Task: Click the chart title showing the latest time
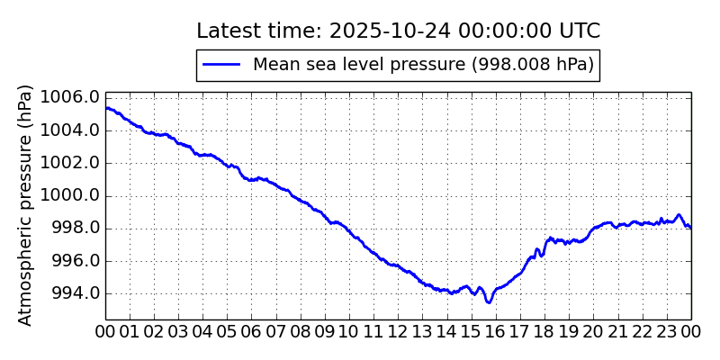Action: [398, 31]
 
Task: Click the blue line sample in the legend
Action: [221, 65]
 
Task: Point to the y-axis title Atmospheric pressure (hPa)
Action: [25, 205]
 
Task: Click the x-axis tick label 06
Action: [252, 332]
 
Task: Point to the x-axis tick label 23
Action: [667, 332]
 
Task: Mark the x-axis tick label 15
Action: [472, 332]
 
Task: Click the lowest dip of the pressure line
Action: [489, 302]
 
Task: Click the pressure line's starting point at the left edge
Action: [106, 108]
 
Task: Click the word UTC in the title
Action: [579, 31]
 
